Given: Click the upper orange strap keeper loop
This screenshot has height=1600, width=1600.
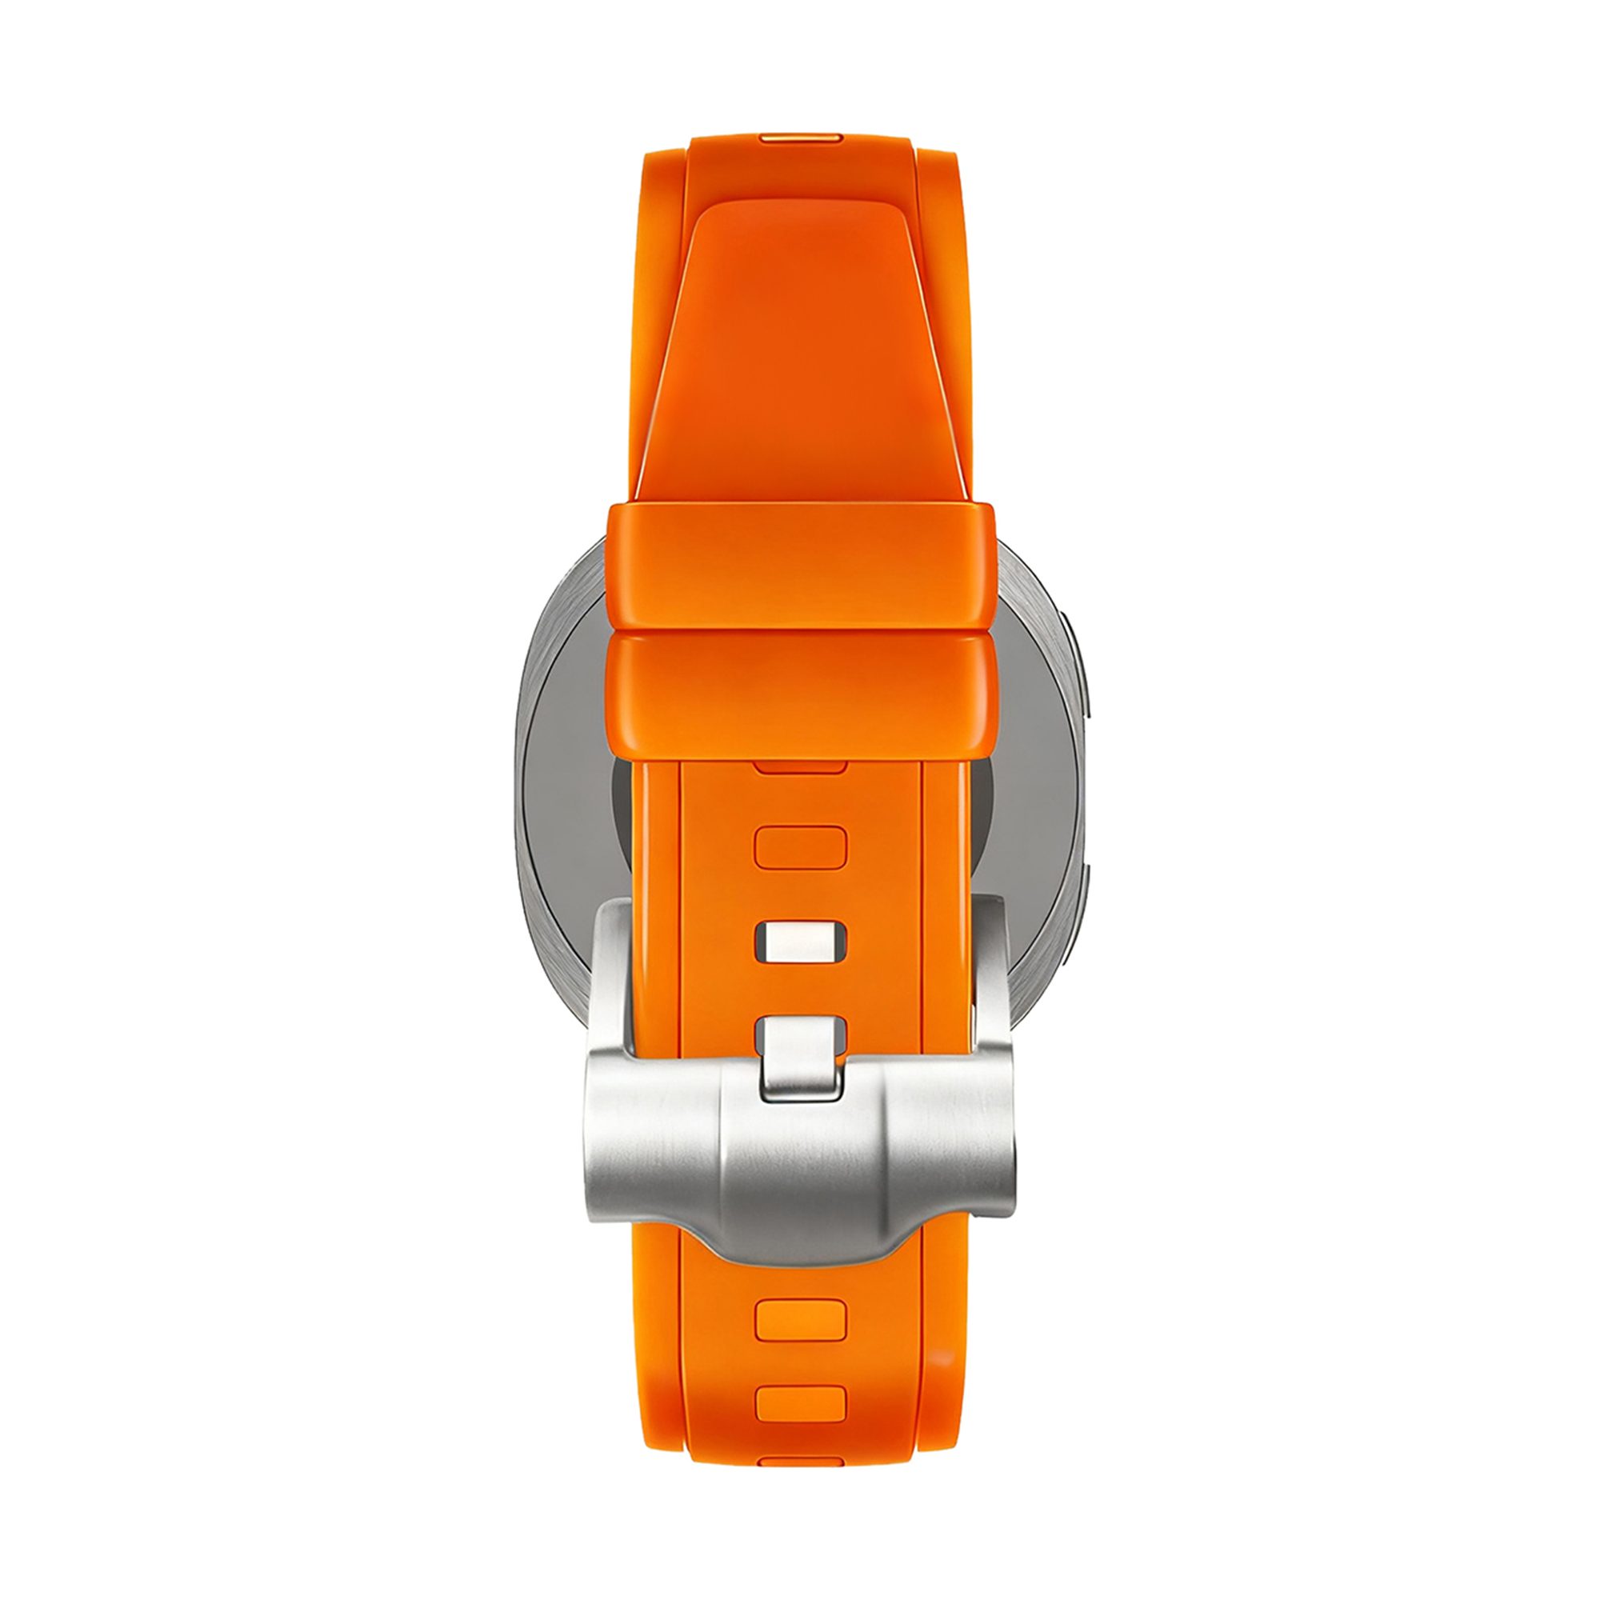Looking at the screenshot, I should [800, 564].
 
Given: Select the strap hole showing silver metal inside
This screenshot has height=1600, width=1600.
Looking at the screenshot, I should [800, 942].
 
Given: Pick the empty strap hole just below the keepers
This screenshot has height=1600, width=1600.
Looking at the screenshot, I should [800, 847].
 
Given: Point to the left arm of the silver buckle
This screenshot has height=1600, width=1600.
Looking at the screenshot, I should [614, 978].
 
